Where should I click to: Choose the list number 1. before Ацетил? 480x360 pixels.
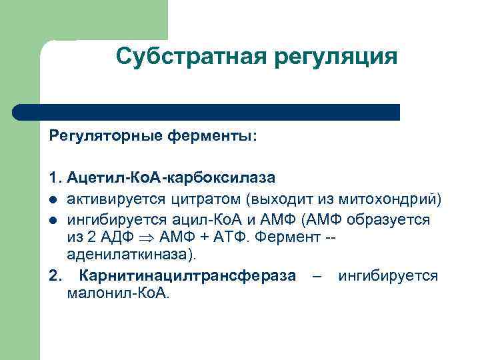(x=55, y=178)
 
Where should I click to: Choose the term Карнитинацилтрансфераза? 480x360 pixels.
(x=187, y=276)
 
